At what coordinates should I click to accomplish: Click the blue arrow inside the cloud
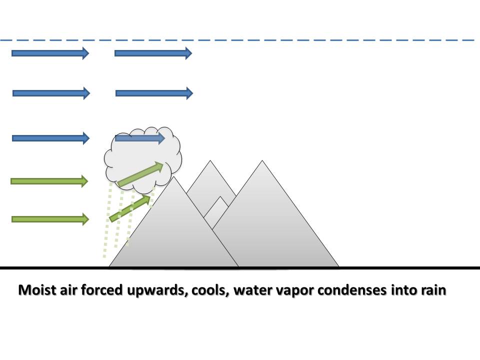click(139, 138)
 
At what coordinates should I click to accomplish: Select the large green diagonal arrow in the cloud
click(140, 174)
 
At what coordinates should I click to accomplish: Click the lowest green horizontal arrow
click(49, 219)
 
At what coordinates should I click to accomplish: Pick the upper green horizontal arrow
click(49, 181)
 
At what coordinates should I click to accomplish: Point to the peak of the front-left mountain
click(174, 178)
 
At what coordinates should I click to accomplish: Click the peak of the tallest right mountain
click(262, 161)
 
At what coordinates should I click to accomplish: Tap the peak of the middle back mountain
click(210, 161)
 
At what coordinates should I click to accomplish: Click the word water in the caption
click(251, 290)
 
